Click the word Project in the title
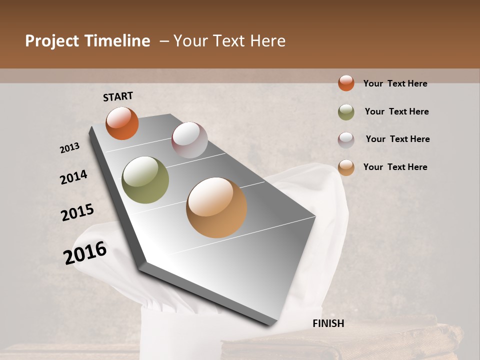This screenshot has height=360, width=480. [x=52, y=41]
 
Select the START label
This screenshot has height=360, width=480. [x=118, y=96]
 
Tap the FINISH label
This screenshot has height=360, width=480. [x=328, y=323]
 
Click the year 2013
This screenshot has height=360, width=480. [x=70, y=148]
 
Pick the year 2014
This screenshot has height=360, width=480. [x=73, y=177]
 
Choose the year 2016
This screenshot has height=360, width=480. [x=85, y=252]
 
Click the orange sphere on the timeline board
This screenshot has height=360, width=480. [x=122, y=123]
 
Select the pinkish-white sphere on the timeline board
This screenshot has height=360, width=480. [x=189, y=139]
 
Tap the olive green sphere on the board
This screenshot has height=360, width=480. [x=145, y=180]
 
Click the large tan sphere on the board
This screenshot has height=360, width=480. [x=216, y=207]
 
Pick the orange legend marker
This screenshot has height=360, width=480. [x=346, y=83]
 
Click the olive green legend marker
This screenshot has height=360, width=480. [x=346, y=112]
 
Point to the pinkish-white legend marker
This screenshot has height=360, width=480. [x=346, y=139]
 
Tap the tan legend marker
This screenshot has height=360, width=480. [x=346, y=167]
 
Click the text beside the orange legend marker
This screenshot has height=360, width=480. [x=395, y=83]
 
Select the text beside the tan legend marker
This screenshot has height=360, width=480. [x=395, y=167]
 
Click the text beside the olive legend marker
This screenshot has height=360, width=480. [x=396, y=111]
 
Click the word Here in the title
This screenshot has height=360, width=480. [x=267, y=41]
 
